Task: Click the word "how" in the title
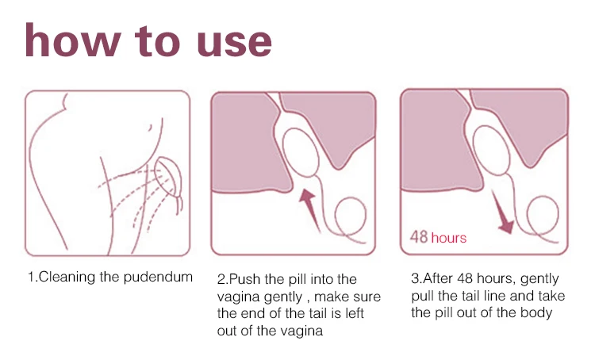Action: (x=73, y=40)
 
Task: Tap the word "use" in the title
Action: (x=234, y=43)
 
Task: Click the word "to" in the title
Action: (x=157, y=41)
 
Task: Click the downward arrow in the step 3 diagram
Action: (x=503, y=213)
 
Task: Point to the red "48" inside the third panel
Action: (x=419, y=237)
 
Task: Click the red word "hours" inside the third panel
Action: (x=449, y=238)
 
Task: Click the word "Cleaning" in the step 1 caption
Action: (x=67, y=277)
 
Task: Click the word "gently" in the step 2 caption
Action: (x=282, y=297)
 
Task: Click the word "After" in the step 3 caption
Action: (x=438, y=278)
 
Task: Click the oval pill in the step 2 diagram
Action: (x=301, y=153)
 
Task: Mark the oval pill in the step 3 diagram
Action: (x=491, y=151)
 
